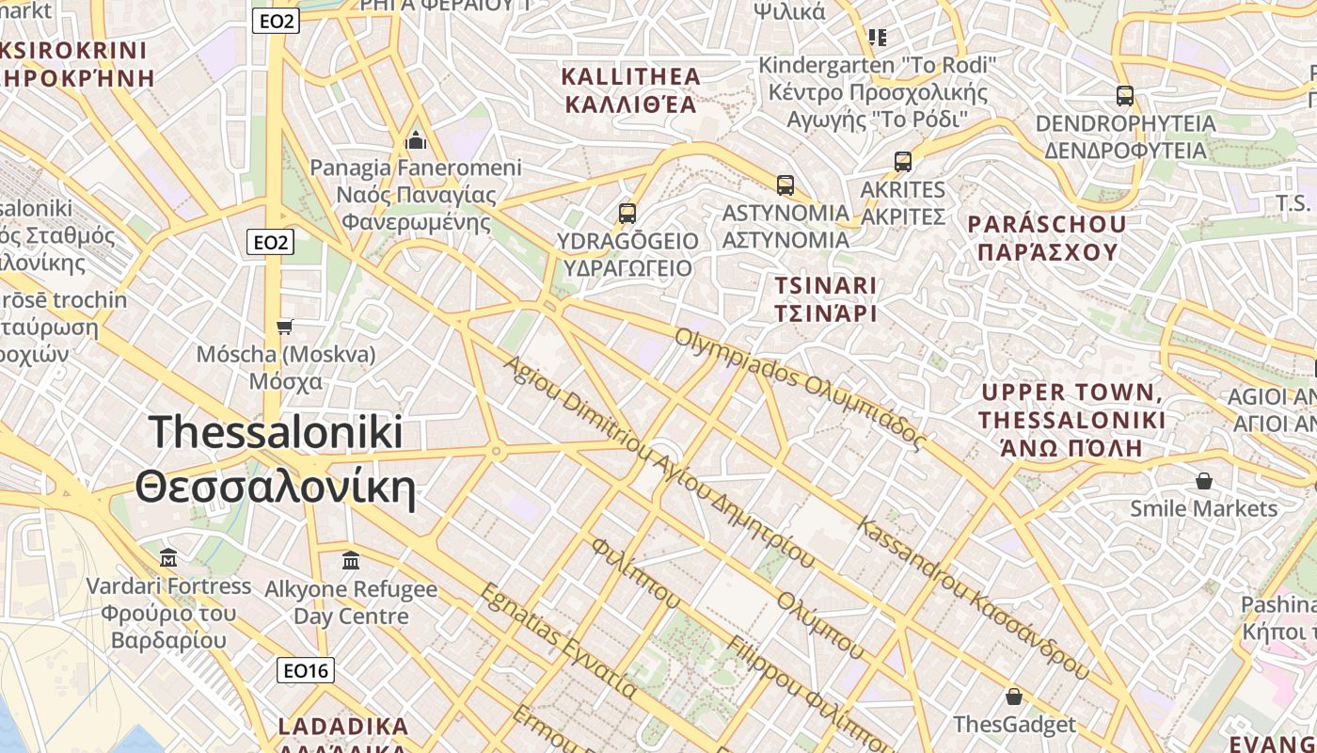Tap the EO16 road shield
pyautogui.click(x=307, y=670)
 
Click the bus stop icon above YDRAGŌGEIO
pyautogui.click(x=627, y=214)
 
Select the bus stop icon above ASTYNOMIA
pyautogui.click(x=785, y=185)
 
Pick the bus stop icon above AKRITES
pyautogui.click(x=903, y=162)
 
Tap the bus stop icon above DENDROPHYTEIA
pyautogui.click(x=1124, y=96)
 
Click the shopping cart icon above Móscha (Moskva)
pyautogui.click(x=285, y=327)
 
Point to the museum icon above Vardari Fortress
pyautogui.click(x=168, y=558)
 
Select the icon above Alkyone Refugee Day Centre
pyautogui.click(x=351, y=561)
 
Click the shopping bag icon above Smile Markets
pyautogui.click(x=1203, y=482)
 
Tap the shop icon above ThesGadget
pyautogui.click(x=1013, y=697)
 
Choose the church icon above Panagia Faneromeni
pyautogui.click(x=416, y=141)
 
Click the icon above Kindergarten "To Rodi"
pyautogui.click(x=878, y=38)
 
